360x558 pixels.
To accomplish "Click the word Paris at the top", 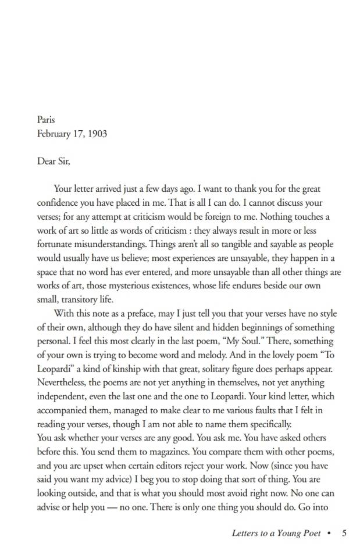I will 46,120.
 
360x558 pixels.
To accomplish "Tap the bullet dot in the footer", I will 329,534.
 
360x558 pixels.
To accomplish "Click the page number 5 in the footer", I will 344,533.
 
